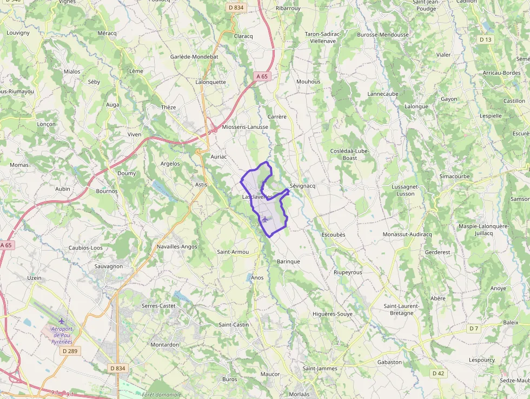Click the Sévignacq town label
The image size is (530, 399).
pyautogui.click(x=302, y=186)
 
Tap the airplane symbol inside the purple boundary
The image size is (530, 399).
pyautogui.click(x=264, y=219)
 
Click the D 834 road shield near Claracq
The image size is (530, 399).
pyautogui.click(x=236, y=8)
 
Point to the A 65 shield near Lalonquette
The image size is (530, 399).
pyautogui.click(x=262, y=76)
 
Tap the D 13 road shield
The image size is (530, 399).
pyautogui.click(x=486, y=40)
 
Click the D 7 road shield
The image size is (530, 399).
pyautogui.click(x=474, y=329)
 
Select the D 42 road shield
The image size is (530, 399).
pyautogui.click(x=438, y=374)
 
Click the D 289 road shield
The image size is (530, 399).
pyautogui.click(x=70, y=351)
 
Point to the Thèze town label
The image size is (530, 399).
pyautogui.click(x=168, y=107)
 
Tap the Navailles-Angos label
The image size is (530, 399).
pyautogui.click(x=177, y=246)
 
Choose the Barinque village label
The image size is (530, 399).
pyautogui.click(x=288, y=261)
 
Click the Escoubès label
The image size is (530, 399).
pyautogui.click(x=333, y=235)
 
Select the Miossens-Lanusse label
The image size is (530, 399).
pyautogui.click(x=245, y=127)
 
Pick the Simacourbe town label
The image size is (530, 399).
pyautogui.click(x=455, y=176)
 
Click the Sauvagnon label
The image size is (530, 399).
pyautogui.click(x=109, y=266)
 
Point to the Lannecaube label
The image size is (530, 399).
pyautogui.click(x=383, y=94)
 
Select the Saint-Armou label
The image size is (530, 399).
pyautogui.click(x=233, y=252)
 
